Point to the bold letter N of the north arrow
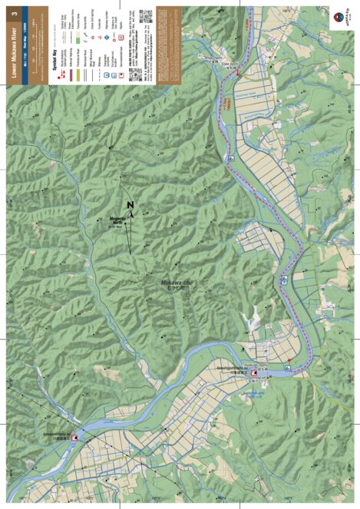pos(130,205)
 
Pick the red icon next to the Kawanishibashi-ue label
pos(74,438)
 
